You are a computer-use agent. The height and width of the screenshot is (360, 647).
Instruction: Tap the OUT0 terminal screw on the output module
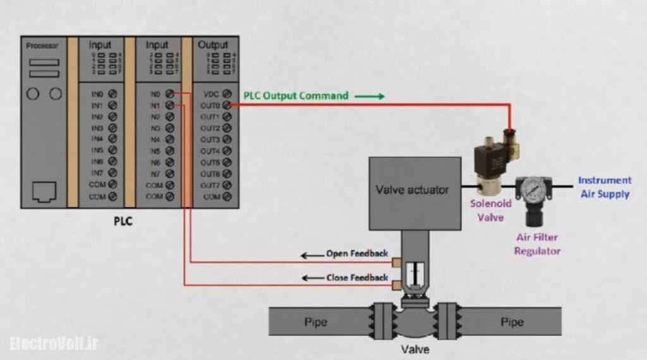pyautogui.click(x=227, y=105)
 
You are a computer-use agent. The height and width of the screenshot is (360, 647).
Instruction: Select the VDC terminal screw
pyautogui.click(x=227, y=93)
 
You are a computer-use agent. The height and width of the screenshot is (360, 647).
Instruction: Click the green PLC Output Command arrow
pyautogui.click(x=369, y=97)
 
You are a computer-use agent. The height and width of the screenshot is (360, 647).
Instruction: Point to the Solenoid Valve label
pyautogui.click(x=490, y=210)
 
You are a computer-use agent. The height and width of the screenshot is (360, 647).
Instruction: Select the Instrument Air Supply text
pyautogui.click(x=605, y=187)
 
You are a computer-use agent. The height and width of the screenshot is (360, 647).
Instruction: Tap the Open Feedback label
pyautogui.click(x=357, y=254)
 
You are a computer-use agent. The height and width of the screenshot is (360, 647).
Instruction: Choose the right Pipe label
pyautogui.click(x=512, y=322)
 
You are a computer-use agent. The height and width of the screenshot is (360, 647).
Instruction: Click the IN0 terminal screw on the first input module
pyautogui.click(x=112, y=93)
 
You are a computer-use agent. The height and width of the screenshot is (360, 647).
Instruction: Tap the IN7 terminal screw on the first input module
pyautogui.click(x=112, y=172)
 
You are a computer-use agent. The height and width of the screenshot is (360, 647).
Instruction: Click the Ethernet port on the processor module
pyautogui.click(x=44, y=190)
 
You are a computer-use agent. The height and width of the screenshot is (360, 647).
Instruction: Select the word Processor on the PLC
pyautogui.click(x=42, y=46)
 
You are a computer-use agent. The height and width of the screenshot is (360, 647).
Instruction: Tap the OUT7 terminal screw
pyautogui.click(x=227, y=185)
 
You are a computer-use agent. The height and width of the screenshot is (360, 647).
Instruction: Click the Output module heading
pyautogui.click(x=213, y=45)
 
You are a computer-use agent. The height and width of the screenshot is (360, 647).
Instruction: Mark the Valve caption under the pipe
pyautogui.click(x=415, y=348)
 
